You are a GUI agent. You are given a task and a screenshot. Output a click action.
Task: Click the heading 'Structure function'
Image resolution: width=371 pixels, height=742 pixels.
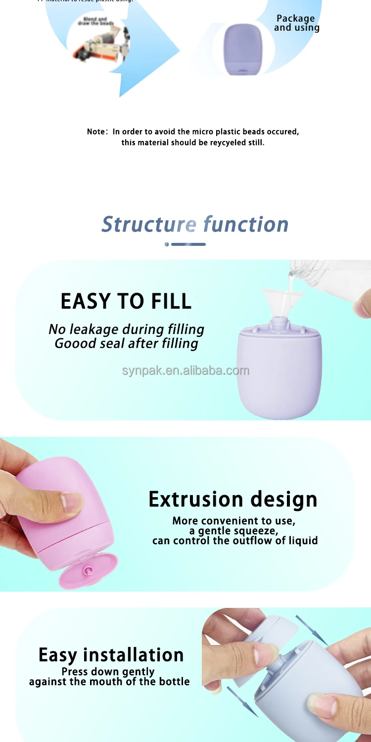tap(195, 224)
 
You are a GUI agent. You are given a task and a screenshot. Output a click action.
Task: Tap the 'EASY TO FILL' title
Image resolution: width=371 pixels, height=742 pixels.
tap(126, 301)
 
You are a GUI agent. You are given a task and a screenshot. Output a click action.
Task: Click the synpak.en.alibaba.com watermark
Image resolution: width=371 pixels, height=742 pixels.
tap(185, 371)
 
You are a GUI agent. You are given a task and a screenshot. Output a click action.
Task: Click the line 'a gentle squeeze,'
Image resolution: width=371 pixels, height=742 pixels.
tap(234, 531)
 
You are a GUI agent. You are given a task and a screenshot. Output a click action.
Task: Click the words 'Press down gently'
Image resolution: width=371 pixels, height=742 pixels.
tap(108, 671)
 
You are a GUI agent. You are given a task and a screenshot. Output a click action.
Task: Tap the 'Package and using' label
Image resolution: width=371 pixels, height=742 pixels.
tap(296, 23)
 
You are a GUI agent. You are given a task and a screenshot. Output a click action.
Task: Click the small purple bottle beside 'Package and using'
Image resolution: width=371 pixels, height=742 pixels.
tap(242, 49)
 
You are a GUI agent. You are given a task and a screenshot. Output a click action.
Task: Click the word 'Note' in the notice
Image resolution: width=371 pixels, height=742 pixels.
tap(96, 132)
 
